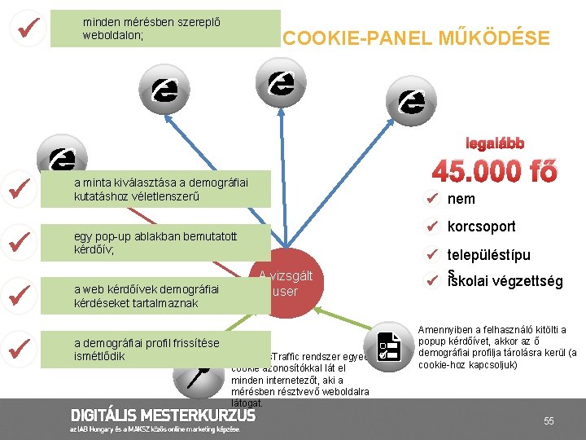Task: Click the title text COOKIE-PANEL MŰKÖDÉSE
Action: (415, 38)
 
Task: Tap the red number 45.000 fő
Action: (495, 172)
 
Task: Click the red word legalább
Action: (495, 143)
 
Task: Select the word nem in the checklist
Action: (461, 200)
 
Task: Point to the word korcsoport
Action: (481, 227)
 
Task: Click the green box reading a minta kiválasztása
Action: (160, 190)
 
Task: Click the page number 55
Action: (549, 420)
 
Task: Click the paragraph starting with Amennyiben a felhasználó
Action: (497, 346)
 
